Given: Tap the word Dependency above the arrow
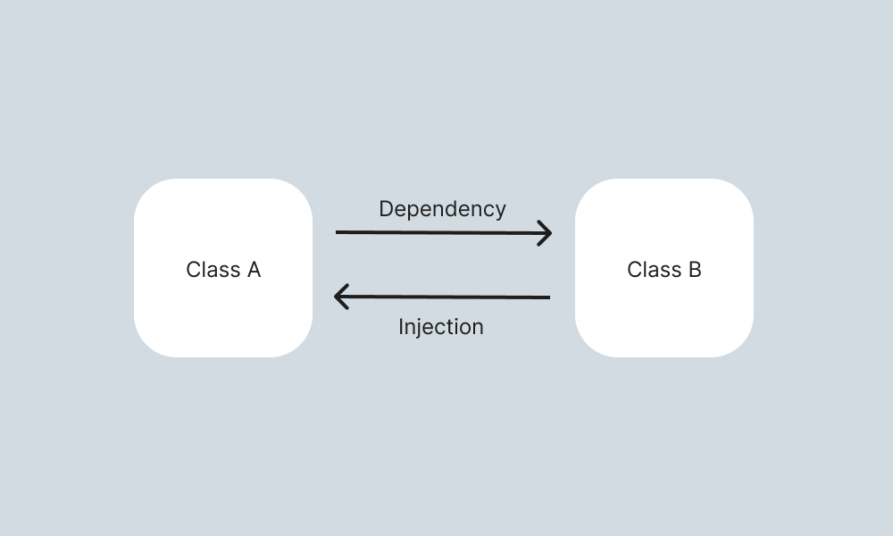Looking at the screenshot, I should tap(442, 209).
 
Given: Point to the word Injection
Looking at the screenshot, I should tap(441, 327).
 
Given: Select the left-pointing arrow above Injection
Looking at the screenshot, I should tap(442, 297).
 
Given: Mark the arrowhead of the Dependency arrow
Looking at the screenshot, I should tap(545, 234).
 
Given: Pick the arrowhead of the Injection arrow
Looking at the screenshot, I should tap(341, 297).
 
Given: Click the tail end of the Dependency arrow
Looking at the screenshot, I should tap(338, 232).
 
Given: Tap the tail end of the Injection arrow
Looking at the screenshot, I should tap(547, 297).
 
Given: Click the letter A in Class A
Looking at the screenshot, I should tap(253, 270).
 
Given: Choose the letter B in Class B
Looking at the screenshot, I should tap(694, 270).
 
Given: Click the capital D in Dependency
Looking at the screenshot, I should tap(386, 209).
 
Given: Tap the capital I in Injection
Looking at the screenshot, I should tap(401, 327).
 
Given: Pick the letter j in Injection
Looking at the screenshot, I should tap(421, 328).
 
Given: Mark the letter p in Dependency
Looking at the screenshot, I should tap(413, 212).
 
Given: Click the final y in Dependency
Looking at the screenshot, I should tap(500, 212).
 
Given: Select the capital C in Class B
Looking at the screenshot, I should tap(634, 270).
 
